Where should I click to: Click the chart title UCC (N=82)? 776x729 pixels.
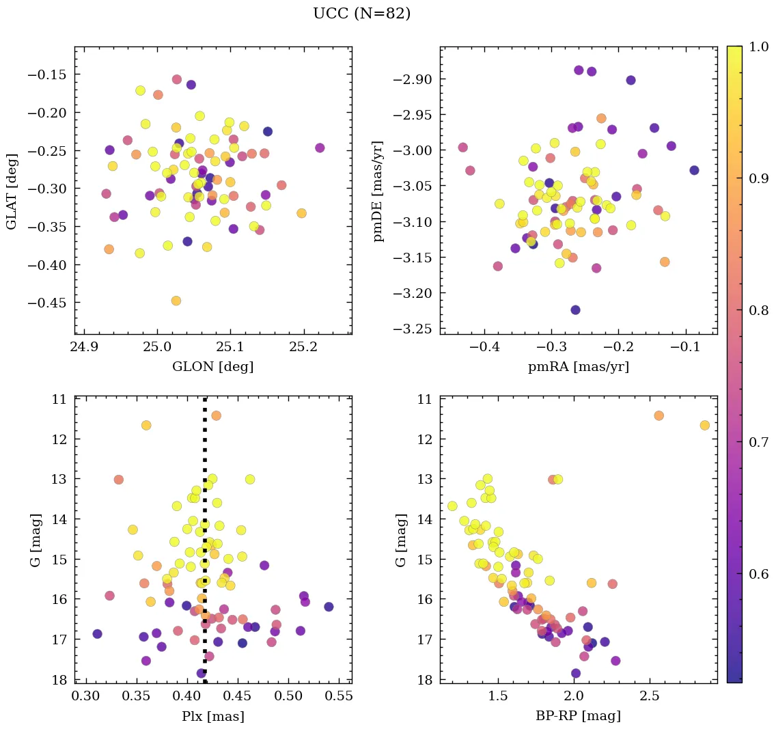click(361, 14)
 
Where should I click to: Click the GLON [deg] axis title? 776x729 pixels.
click(212, 367)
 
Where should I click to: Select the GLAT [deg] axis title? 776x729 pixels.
click(13, 191)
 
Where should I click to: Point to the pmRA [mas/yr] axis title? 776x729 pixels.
click(578, 367)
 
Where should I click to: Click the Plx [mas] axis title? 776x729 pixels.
click(212, 717)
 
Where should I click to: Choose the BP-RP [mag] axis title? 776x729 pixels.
click(578, 717)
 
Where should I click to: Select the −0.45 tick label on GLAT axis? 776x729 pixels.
click(48, 303)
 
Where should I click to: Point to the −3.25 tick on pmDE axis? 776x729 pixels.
click(413, 329)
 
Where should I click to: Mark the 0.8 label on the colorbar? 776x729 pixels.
click(759, 311)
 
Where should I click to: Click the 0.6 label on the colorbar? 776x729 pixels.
click(759, 574)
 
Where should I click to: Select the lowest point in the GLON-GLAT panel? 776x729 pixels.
click(176, 301)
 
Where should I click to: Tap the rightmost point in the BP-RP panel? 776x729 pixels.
click(704, 425)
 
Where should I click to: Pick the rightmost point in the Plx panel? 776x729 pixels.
click(329, 607)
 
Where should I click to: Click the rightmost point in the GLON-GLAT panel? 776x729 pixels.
click(320, 148)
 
